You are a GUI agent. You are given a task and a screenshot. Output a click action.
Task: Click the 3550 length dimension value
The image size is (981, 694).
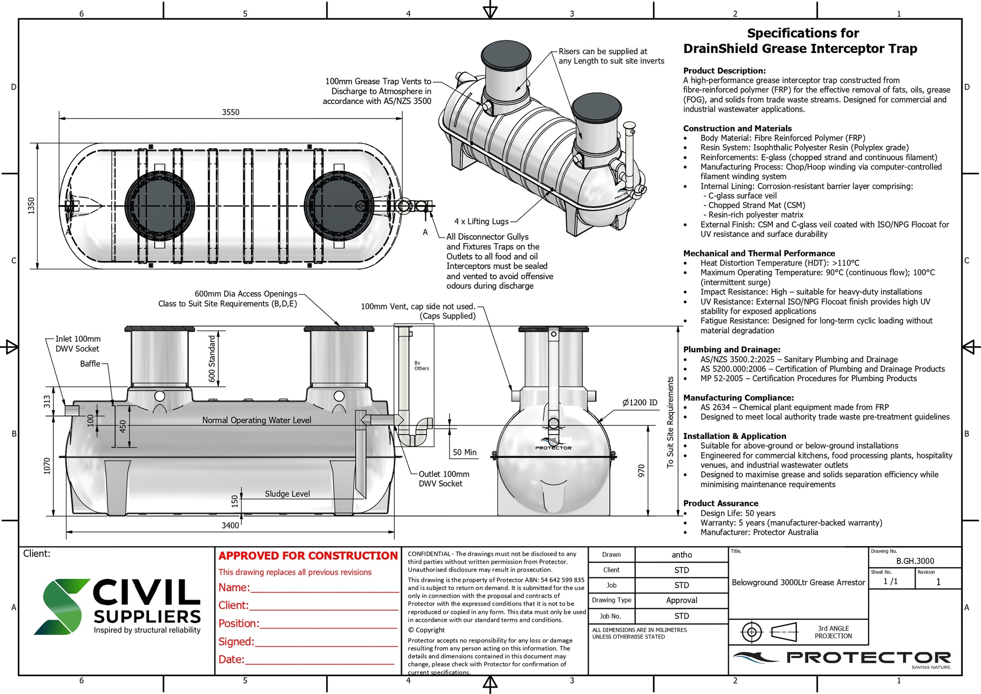[230, 112]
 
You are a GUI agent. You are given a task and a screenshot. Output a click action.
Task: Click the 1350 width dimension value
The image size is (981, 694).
[31, 206]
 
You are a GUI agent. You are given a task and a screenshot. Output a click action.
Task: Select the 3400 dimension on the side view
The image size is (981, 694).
[230, 525]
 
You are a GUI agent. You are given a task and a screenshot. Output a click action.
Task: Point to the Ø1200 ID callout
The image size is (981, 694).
[640, 402]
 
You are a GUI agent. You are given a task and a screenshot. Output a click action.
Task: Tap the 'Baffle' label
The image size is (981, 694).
[90, 364]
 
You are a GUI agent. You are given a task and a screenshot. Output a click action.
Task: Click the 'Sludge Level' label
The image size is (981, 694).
[287, 494]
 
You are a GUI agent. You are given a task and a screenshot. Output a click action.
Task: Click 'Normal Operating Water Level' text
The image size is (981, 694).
[256, 420]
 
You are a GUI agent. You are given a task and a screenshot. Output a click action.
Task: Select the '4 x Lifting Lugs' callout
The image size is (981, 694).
[481, 221]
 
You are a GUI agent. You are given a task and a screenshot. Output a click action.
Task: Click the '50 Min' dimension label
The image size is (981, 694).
[465, 452]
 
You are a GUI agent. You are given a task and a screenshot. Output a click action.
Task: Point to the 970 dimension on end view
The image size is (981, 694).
[641, 471]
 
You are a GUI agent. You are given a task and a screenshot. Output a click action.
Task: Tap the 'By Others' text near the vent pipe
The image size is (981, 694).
[421, 366]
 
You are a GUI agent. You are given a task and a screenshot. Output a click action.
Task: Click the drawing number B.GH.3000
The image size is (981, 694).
[915, 561]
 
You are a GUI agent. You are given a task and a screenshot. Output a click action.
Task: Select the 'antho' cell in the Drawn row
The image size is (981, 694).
[681, 555]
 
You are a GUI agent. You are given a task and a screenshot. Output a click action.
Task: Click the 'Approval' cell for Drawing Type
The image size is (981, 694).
[681, 600]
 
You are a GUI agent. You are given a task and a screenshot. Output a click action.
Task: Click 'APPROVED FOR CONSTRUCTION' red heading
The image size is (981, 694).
[308, 556]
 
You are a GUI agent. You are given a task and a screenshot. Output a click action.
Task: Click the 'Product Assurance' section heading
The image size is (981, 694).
[720, 503]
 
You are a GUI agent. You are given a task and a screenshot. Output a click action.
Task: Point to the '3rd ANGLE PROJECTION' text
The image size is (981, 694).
[833, 632]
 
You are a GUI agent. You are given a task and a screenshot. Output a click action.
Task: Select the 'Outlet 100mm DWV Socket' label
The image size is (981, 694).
[443, 479]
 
